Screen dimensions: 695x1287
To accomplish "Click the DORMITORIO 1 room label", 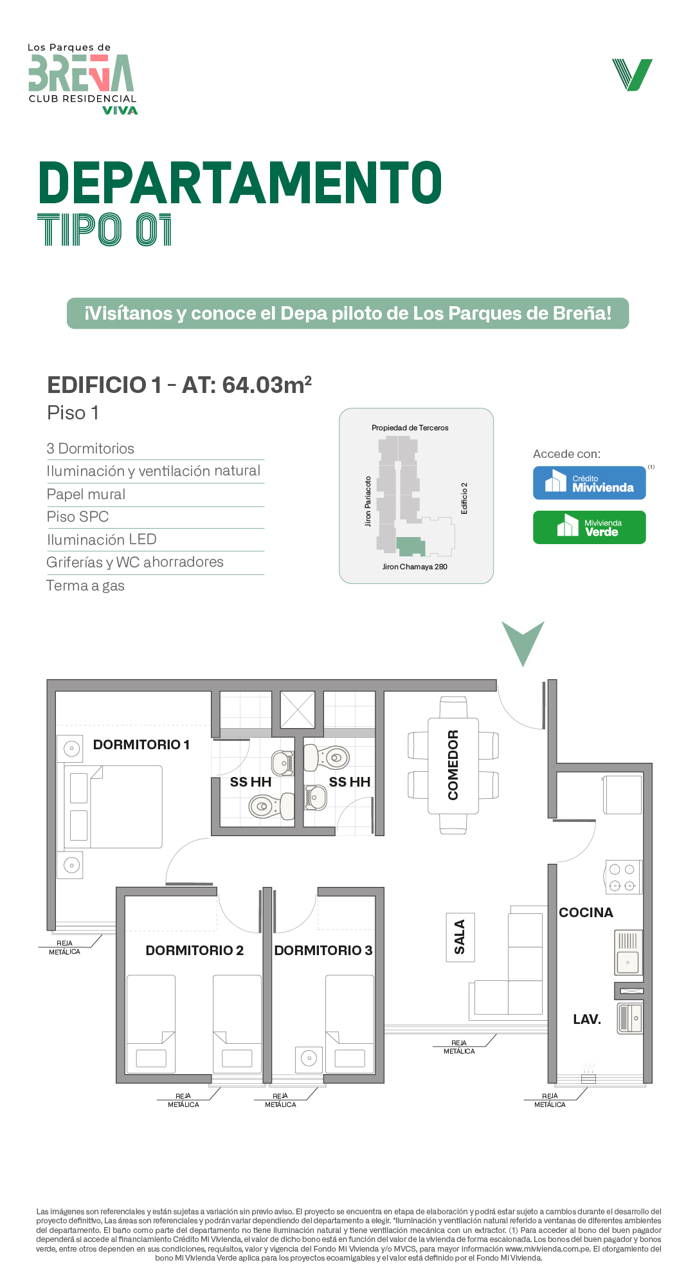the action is [141, 745].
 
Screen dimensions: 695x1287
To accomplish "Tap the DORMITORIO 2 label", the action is [195, 951].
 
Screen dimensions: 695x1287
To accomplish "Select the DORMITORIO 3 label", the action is [323, 951].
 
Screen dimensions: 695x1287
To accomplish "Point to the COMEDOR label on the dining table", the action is [453, 765].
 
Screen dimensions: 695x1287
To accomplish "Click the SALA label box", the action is [460, 937].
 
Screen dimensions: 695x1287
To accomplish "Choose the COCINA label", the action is [586, 913].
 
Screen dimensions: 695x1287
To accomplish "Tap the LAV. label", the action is [587, 1019].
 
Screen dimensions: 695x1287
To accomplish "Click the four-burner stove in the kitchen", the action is [622, 877].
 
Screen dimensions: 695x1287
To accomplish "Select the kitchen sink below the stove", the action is [628, 953].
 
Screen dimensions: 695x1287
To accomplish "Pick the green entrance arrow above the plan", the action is [523, 641].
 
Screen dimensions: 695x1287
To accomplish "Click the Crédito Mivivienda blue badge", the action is [590, 483].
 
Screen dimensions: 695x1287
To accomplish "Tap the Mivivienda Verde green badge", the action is [590, 527].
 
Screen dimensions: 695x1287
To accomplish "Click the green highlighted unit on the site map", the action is [410, 546].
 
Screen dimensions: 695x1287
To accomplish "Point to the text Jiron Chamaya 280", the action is [415, 567].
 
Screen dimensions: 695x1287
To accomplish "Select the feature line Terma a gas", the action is [86, 586].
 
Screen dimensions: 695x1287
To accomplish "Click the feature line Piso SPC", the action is [78, 516].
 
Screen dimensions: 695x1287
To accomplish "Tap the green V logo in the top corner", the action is [633, 75].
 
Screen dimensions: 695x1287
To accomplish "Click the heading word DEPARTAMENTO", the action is [240, 183].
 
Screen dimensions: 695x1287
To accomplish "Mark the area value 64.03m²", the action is [267, 385].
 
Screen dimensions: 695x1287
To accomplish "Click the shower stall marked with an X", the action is [298, 710].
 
